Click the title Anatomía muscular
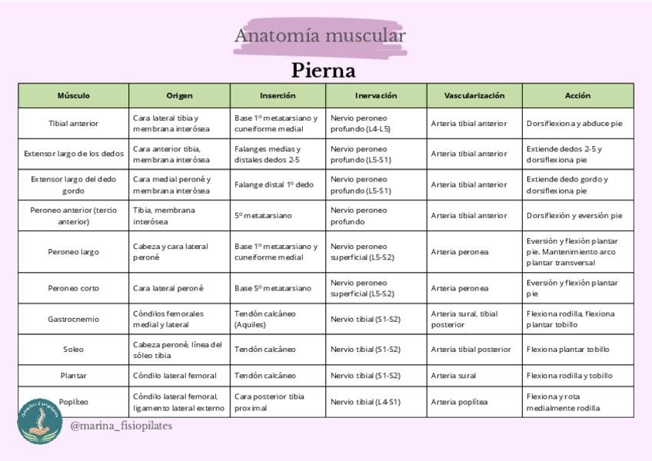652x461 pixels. pos(320,36)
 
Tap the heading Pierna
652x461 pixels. pos(323,71)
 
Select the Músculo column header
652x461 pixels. pos(74,96)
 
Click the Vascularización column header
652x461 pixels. pos(474,96)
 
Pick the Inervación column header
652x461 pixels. pos(376,96)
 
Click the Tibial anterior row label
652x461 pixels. pos(74,124)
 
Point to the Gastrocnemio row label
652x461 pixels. pos(74,319)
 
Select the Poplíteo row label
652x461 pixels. pos(74,402)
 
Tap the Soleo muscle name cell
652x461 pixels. pos(74,350)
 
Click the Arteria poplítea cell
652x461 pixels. pos(459,402)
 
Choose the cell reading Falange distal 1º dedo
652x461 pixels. pos(274,185)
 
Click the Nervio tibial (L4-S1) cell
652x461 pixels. pos(365,402)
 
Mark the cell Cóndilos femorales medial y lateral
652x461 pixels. pos(168,319)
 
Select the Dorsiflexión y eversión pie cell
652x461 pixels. pos(574,216)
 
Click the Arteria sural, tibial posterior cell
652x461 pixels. pos(464,319)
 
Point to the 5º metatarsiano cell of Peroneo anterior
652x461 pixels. pos(263,216)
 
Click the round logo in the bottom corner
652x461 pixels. pos(39,420)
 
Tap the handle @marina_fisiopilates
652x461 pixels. pos(121,426)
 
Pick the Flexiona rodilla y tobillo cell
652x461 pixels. pos(569,376)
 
